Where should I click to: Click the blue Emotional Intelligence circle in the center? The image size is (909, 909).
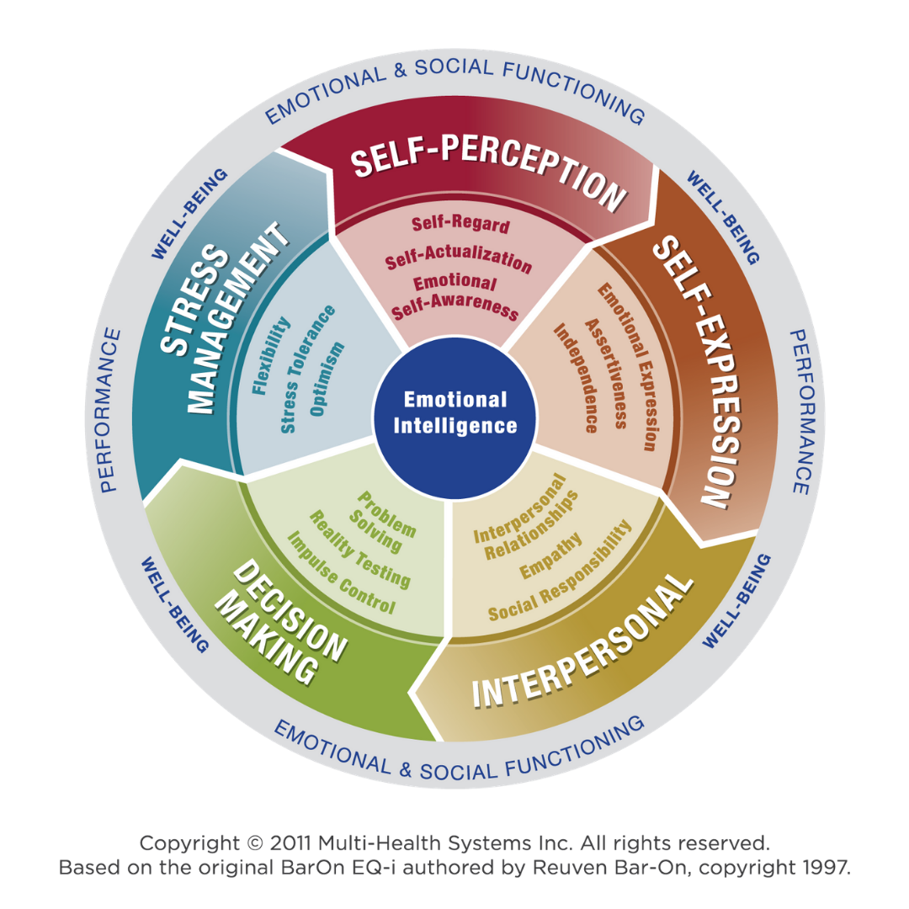click(455, 413)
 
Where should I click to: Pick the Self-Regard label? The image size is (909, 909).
click(460, 225)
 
